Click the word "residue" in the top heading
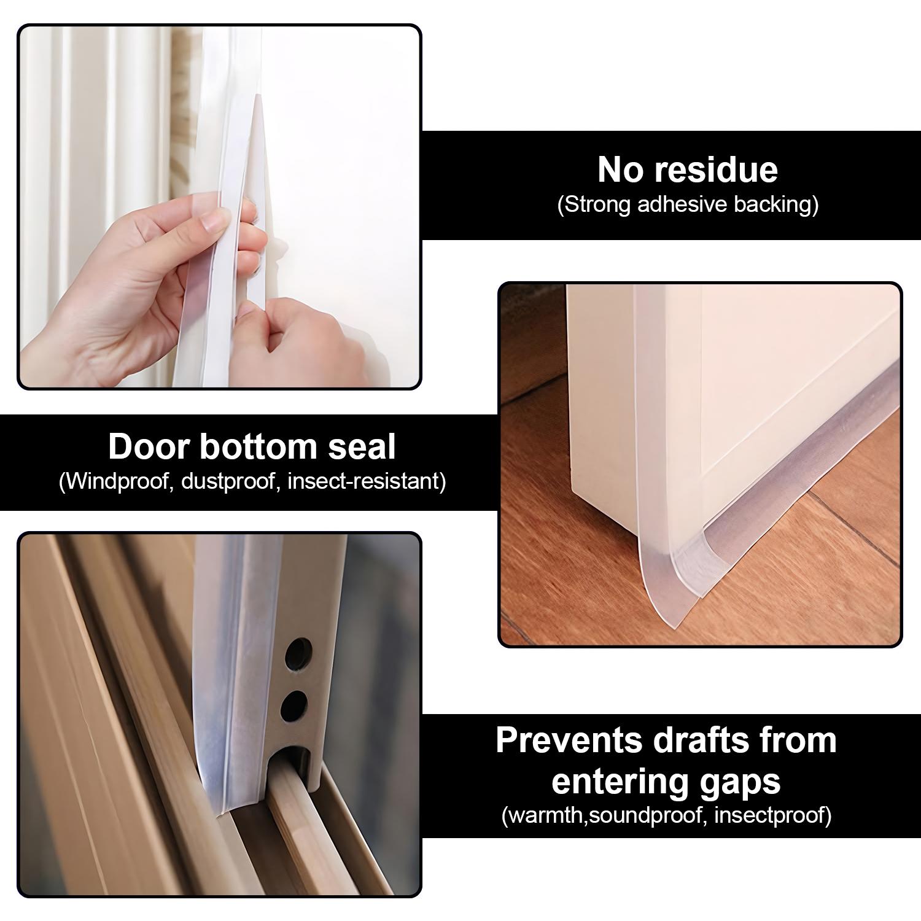tap(724, 169)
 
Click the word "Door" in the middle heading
tap(149, 446)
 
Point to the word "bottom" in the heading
tap(258, 446)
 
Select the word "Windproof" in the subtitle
tap(116, 481)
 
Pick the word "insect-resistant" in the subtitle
tap(366, 481)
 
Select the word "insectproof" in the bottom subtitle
tap(772, 816)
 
